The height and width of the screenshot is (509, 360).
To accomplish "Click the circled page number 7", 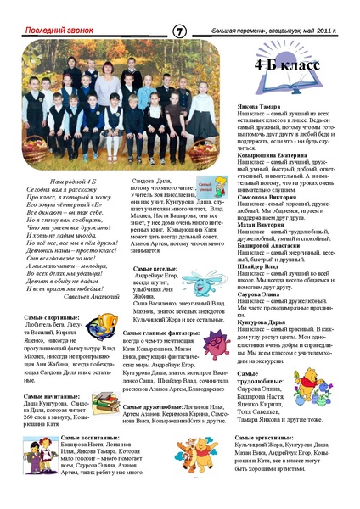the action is click(179, 31).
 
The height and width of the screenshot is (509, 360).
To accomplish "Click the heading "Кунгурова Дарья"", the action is click(260, 322).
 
